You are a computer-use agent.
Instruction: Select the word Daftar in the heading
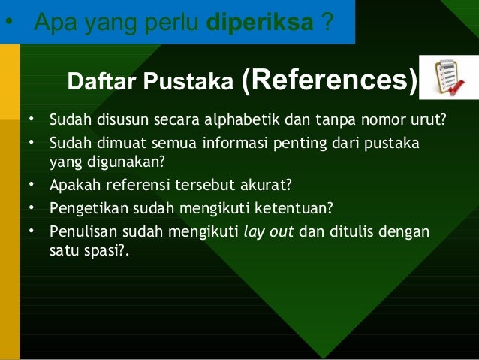pos(100,82)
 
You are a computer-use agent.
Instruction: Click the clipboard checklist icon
pos(446,77)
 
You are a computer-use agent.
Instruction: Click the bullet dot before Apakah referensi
pos(32,183)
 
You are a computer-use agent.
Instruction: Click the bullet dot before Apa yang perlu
pos(8,21)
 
